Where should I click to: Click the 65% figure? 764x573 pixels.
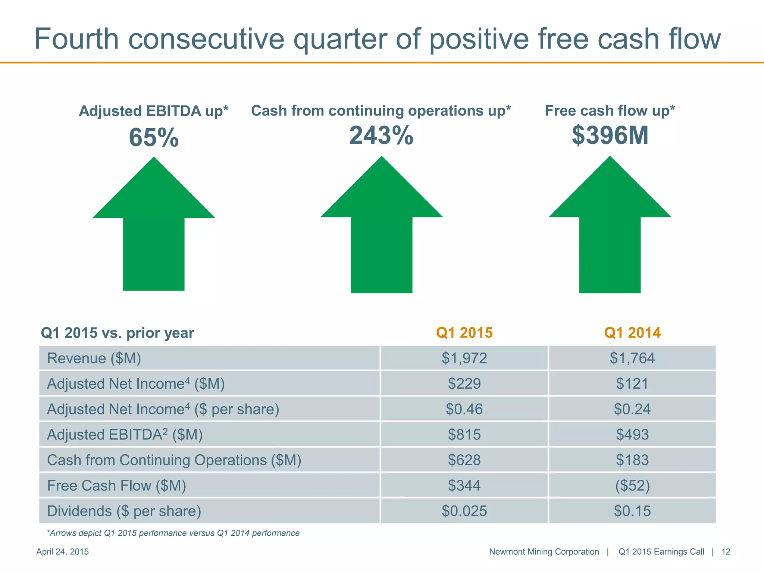[154, 138]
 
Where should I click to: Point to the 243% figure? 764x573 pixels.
[381, 135]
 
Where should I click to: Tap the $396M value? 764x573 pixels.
[610, 135]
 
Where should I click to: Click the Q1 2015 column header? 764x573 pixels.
[464, 332]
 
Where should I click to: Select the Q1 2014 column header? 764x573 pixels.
[632, 332]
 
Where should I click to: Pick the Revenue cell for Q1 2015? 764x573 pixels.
[464, 358]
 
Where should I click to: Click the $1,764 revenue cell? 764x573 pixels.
[632, 358]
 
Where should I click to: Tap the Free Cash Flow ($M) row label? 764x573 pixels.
[116, 485]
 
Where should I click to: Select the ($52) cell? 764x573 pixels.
[632, 485]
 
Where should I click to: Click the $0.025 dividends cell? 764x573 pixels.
[464, 511]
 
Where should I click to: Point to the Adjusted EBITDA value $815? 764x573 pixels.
[464, 435]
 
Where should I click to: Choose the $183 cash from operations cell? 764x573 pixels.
[632, 460]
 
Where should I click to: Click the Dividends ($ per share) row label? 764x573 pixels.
[124, 511]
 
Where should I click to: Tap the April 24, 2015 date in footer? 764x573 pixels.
[62, 552]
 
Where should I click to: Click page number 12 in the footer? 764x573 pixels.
[726, 552]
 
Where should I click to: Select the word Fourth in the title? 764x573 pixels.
[76, 39]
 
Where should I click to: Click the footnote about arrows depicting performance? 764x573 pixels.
[173, 533]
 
